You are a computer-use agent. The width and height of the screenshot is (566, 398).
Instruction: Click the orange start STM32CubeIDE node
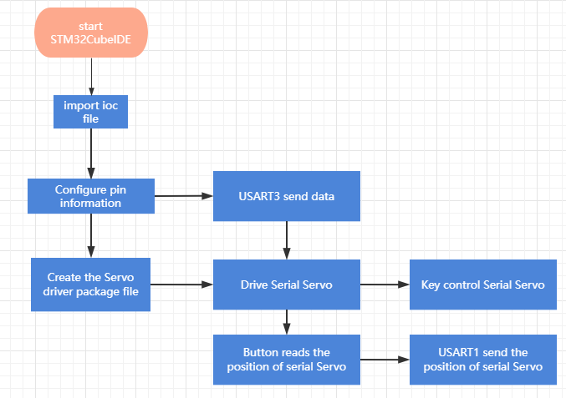point(91,33)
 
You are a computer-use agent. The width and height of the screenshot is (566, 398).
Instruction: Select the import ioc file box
point(90,112)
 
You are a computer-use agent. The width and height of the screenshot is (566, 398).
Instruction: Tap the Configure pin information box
point(91,196)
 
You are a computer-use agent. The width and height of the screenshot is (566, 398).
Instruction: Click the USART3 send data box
point(287,196)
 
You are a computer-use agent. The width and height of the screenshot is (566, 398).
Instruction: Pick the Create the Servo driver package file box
point(90,285)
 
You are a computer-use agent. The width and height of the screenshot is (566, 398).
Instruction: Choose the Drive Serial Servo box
point(287,285)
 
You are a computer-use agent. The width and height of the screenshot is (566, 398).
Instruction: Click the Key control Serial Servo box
point(483,285)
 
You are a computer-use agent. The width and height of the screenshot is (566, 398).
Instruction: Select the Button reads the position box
point(287,360)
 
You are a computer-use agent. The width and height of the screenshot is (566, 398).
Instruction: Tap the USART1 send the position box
point(483,360)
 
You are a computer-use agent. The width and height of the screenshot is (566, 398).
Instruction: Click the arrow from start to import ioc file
point(91,77)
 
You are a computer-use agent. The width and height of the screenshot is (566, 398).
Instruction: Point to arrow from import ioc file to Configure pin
point(91,154)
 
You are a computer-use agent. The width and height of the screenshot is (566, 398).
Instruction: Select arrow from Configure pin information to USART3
point(184,196)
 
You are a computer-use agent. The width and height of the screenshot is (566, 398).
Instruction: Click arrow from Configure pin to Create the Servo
point(91,235)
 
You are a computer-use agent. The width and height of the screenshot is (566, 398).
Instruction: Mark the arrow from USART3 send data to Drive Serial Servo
point(287,240)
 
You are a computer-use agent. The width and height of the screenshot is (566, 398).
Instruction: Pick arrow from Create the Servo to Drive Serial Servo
point(182,285)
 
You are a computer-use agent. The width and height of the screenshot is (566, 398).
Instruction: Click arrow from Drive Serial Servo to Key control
point(385,285)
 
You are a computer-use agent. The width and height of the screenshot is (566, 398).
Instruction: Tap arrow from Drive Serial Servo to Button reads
point(287,322)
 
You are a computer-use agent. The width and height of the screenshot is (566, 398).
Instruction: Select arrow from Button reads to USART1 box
point(385,360)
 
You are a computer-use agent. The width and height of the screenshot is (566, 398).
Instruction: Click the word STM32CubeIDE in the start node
point(90,39)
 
